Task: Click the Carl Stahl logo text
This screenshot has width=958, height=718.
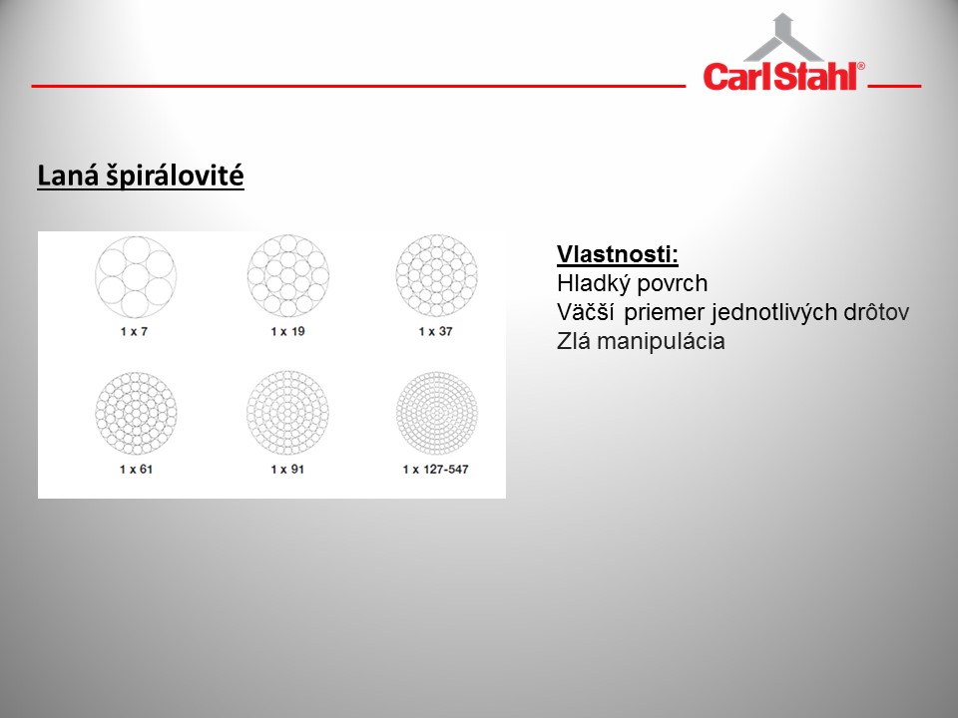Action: click(784, 77)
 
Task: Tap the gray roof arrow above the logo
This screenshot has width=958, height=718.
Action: click(783, 37)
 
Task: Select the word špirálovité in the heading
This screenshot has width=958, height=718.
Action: click(175, 177)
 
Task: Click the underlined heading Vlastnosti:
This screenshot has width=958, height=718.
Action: click(617, 254)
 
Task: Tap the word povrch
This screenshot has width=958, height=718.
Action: click(672, 285)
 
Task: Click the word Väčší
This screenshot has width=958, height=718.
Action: click(586, 312)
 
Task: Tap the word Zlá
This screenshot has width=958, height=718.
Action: click(573, 341)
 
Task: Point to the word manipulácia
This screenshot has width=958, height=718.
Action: click(661, 341)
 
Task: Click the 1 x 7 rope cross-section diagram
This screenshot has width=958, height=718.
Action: click(136, 277)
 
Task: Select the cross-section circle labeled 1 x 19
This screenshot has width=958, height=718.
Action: click(287, 276)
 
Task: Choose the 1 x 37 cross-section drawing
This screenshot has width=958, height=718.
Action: click(436, 276)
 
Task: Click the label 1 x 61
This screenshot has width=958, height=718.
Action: click(136, 469)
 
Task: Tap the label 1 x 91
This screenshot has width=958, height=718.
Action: click(287, 469)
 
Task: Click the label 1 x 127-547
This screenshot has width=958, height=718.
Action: click(436, 469)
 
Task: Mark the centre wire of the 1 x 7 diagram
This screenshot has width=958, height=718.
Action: click(136, 277)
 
